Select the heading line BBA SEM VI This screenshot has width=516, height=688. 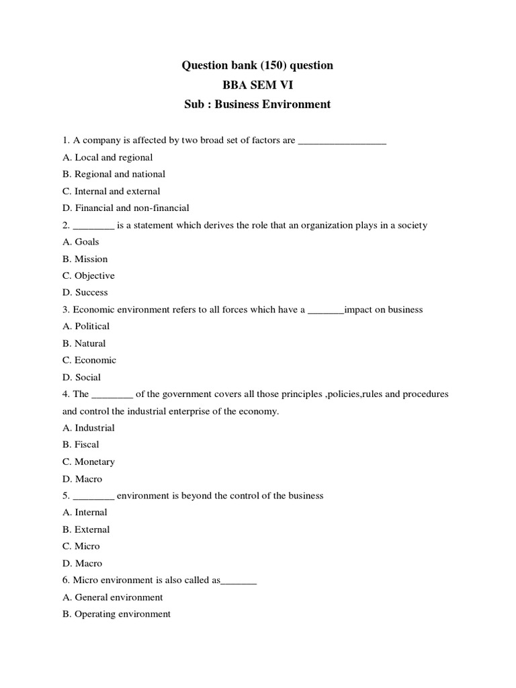257,85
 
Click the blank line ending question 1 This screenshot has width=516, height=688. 342,140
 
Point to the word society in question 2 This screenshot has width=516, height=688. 411,225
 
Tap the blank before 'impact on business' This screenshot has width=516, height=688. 325,310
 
